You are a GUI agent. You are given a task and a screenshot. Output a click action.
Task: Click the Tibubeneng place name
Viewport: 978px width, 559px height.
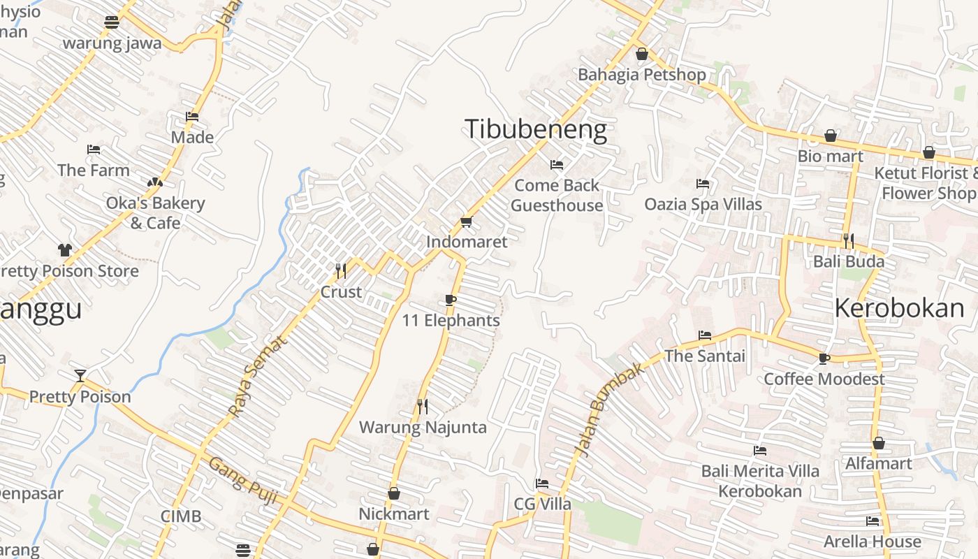point(535,130)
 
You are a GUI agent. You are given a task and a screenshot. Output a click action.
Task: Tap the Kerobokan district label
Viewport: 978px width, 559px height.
point(899,307)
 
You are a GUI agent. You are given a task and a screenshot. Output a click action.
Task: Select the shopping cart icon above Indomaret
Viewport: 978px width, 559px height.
point(466,222)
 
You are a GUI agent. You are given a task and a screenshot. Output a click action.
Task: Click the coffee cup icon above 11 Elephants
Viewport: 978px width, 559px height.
point(451,300)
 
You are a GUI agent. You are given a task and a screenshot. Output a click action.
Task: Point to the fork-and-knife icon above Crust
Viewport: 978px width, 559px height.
point(341,270)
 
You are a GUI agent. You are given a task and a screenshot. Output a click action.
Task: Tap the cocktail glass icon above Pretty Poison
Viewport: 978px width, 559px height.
point(80,376)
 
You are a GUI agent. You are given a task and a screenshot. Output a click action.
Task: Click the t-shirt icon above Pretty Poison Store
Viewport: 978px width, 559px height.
point(65,249)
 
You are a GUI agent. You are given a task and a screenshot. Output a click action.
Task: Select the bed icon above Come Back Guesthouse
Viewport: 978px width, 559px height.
point(557,165)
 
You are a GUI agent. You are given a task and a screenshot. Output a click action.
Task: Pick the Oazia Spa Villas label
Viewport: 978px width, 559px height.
point(703,204)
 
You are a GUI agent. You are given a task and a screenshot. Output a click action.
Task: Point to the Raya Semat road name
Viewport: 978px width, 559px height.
point(258,376)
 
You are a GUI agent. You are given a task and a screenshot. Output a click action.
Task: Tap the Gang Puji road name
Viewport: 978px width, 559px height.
point(244,481)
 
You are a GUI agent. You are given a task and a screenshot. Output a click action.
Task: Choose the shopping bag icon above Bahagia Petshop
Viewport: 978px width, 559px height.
point(642,54)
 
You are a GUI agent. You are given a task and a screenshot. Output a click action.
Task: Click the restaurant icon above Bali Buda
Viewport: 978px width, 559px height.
point(849,241)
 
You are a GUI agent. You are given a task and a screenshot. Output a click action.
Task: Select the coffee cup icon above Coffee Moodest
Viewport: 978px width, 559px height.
point(824,358)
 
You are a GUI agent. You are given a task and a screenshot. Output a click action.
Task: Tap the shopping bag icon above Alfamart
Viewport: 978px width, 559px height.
point(879,443)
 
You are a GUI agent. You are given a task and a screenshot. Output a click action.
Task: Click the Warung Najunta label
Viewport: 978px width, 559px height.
point(423,427)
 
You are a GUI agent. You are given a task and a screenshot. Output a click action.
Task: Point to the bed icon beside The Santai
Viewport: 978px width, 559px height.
point(705,335)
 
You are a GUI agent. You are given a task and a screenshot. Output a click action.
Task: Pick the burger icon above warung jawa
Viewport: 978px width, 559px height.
point(112,22)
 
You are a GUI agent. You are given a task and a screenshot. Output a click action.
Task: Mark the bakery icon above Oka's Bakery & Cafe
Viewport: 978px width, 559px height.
point(155,182)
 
